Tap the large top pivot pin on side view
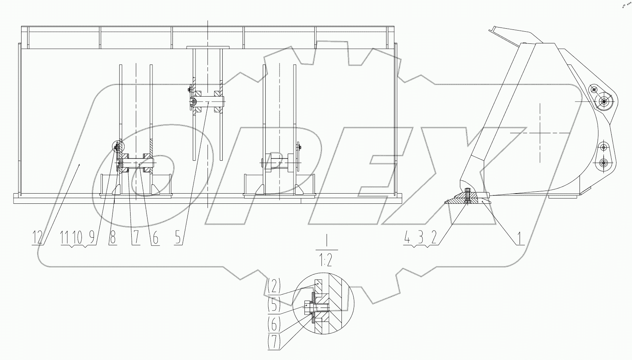604,101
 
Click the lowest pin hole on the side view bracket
603,163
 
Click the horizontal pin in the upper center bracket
208,101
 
